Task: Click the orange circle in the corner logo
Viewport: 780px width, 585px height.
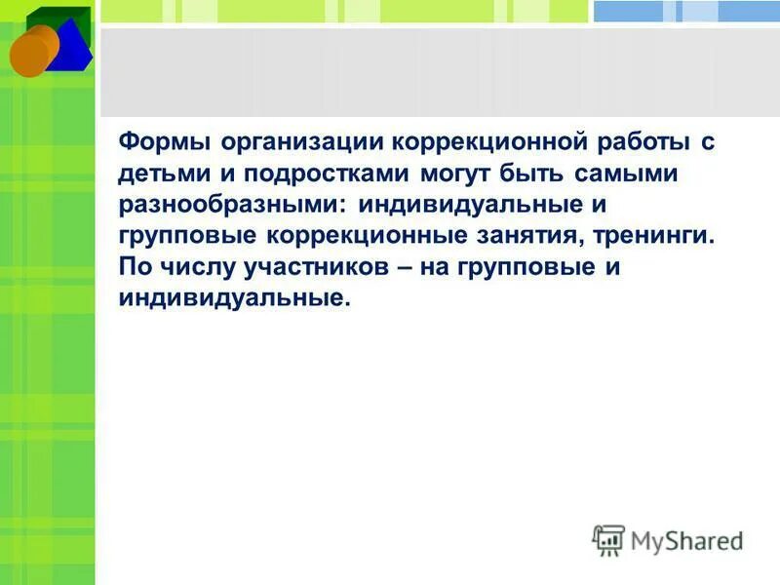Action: [29, 55]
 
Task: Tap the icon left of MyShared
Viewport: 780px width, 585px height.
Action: [608, 540]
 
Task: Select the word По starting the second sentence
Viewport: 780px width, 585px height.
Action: [135, 268]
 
